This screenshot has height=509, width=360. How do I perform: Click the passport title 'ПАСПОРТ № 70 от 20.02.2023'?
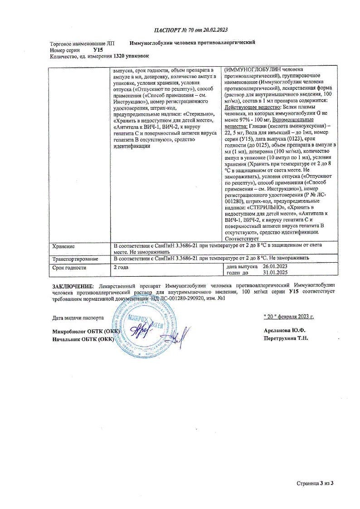coord(190,30)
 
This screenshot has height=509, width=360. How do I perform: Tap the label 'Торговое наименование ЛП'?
coord(83,43)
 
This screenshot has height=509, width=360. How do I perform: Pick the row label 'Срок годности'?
coord(69,268)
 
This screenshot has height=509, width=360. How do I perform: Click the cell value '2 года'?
coord(121,267)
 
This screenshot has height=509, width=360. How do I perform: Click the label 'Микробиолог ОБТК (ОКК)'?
coord(86,331)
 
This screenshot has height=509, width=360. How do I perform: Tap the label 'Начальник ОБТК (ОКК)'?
coord(83,339)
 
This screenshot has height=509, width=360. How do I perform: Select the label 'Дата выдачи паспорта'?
coord(78,318)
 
